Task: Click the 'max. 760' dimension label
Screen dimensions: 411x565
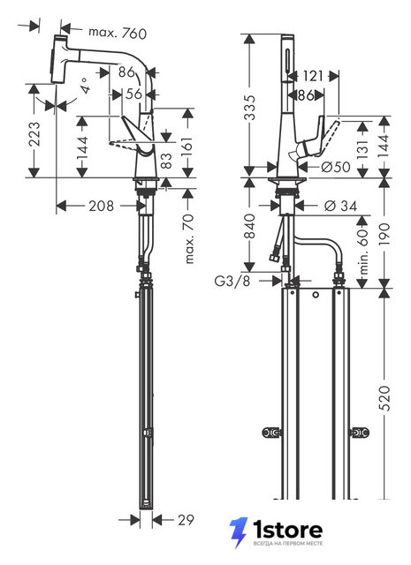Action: pyautogui.click(x=118, y=33)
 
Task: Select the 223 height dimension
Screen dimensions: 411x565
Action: pyautogui.click(x=34, y=134)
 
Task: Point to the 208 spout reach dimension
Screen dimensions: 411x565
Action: pyautogui.click(x=101, y=206)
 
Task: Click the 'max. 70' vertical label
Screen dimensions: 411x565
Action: pyautogui.click(x=189, y=238)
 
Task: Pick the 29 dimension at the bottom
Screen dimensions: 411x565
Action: pyautogui.click(x=186, y=520)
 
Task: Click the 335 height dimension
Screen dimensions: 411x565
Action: pyautogui.click(x=248, y=107)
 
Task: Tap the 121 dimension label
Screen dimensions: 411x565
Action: pyautogui.click(x=313, y=76)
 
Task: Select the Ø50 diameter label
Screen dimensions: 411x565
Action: pyautogui.click(x=336, y=167)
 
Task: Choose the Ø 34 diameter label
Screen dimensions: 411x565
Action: pyautogui.click(x=340, y=206)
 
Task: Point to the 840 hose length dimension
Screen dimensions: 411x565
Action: pyautogui.click(x=249, y=226)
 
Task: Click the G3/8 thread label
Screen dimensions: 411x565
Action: pyautogui.click(x=232, y=281)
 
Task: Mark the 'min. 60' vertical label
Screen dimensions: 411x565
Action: pyautogui.click(x=364, y=252)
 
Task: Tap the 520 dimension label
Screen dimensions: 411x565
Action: pyautogui.click(x=385, y=397)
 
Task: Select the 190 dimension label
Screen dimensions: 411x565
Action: pyautogui.click(x=385, y=234)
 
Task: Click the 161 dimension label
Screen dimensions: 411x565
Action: pyautogui.click(x=187, y=148)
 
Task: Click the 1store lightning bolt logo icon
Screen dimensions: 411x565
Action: pyautogui.click(x=239, y=532)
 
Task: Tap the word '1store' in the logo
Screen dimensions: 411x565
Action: pyautogui.click(x=287, y=530)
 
